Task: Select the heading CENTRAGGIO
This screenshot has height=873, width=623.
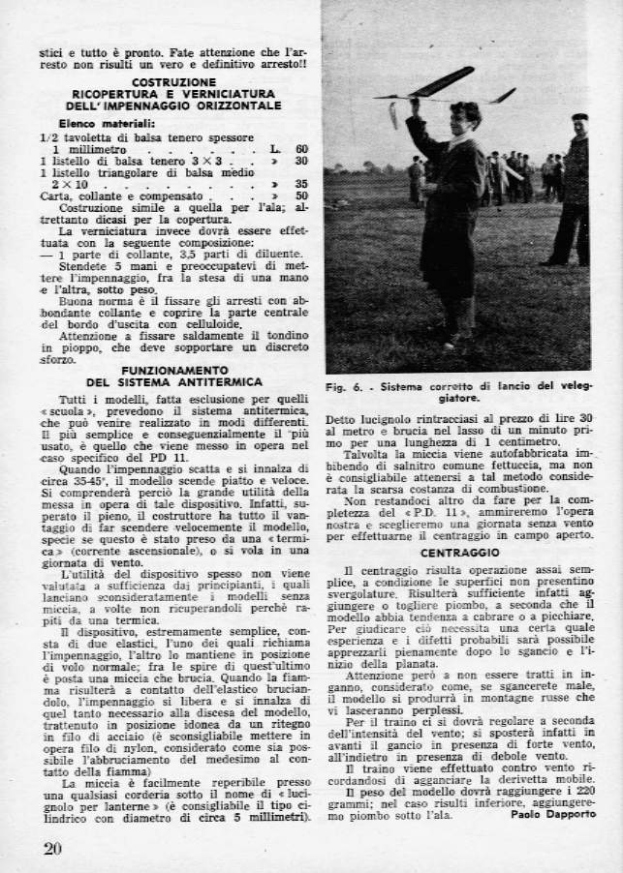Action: (459, 553)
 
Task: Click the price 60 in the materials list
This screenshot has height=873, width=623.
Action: (301, 148)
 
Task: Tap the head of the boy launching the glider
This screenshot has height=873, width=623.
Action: (465, 115)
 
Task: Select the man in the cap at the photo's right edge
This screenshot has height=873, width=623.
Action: (574, 189)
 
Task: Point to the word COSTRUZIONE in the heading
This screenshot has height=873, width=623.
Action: (173, 81)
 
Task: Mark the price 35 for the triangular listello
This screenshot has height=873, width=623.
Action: (301, 183)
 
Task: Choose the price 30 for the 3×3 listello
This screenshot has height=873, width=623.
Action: (301, 160)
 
